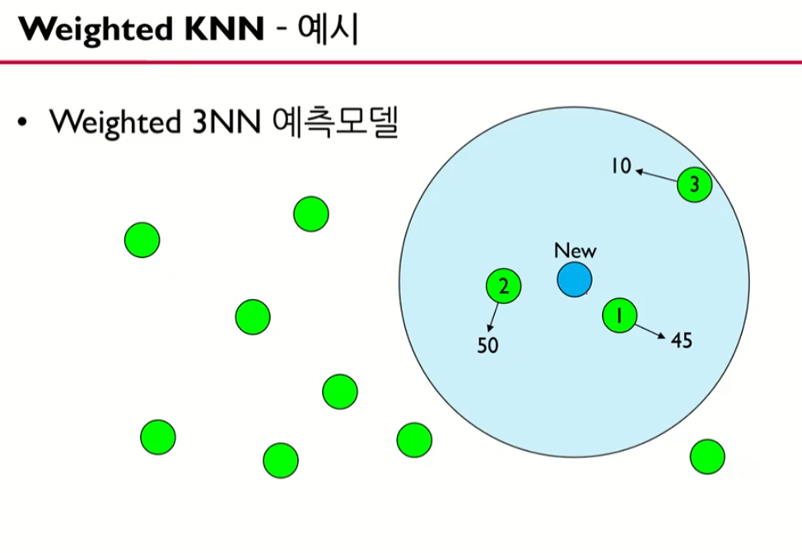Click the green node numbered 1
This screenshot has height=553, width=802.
click(x=620, y=314)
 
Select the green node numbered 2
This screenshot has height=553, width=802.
click(x=503, y=286)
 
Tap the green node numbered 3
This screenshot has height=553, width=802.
click(x=694, y=185)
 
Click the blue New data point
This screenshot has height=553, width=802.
click(x=573, y=279)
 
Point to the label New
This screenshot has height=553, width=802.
click(x=575, y=251)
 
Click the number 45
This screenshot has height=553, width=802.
click(x=681, y=340)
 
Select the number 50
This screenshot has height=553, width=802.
click(x=488, y=345)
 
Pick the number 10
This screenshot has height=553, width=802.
click(x=620, y=166)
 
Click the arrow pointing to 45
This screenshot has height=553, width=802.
click(x=650, y=329)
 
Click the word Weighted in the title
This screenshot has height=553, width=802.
click(x=84, y=30)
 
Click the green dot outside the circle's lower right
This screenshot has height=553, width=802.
click(x=706, y=456)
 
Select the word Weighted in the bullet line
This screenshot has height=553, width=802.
click(x=114, y=122)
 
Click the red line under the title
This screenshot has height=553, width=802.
click(x=401, y=63)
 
